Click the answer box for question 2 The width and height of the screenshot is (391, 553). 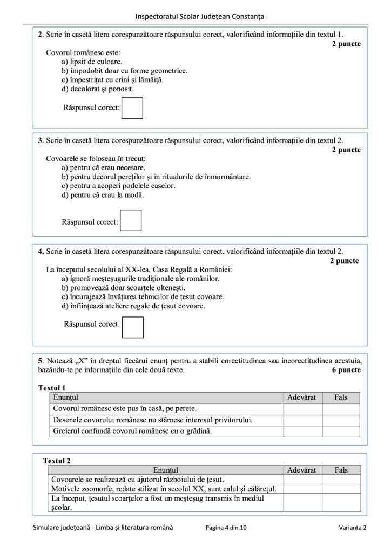132,108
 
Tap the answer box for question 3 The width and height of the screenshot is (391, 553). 131,220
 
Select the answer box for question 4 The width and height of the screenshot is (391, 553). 133,327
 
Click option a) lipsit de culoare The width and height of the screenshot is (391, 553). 91,62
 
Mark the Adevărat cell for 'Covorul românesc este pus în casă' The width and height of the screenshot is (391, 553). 302,409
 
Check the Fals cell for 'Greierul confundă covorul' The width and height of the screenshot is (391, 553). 341,431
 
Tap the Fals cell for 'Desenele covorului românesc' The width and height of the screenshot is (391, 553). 341,420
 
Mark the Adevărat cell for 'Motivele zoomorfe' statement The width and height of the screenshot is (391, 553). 302,489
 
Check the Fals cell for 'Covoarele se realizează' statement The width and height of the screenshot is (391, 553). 341,480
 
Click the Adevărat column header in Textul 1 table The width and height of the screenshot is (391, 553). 302,397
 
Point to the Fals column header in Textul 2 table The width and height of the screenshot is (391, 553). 341,470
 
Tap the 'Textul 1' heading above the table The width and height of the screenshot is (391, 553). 52,388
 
